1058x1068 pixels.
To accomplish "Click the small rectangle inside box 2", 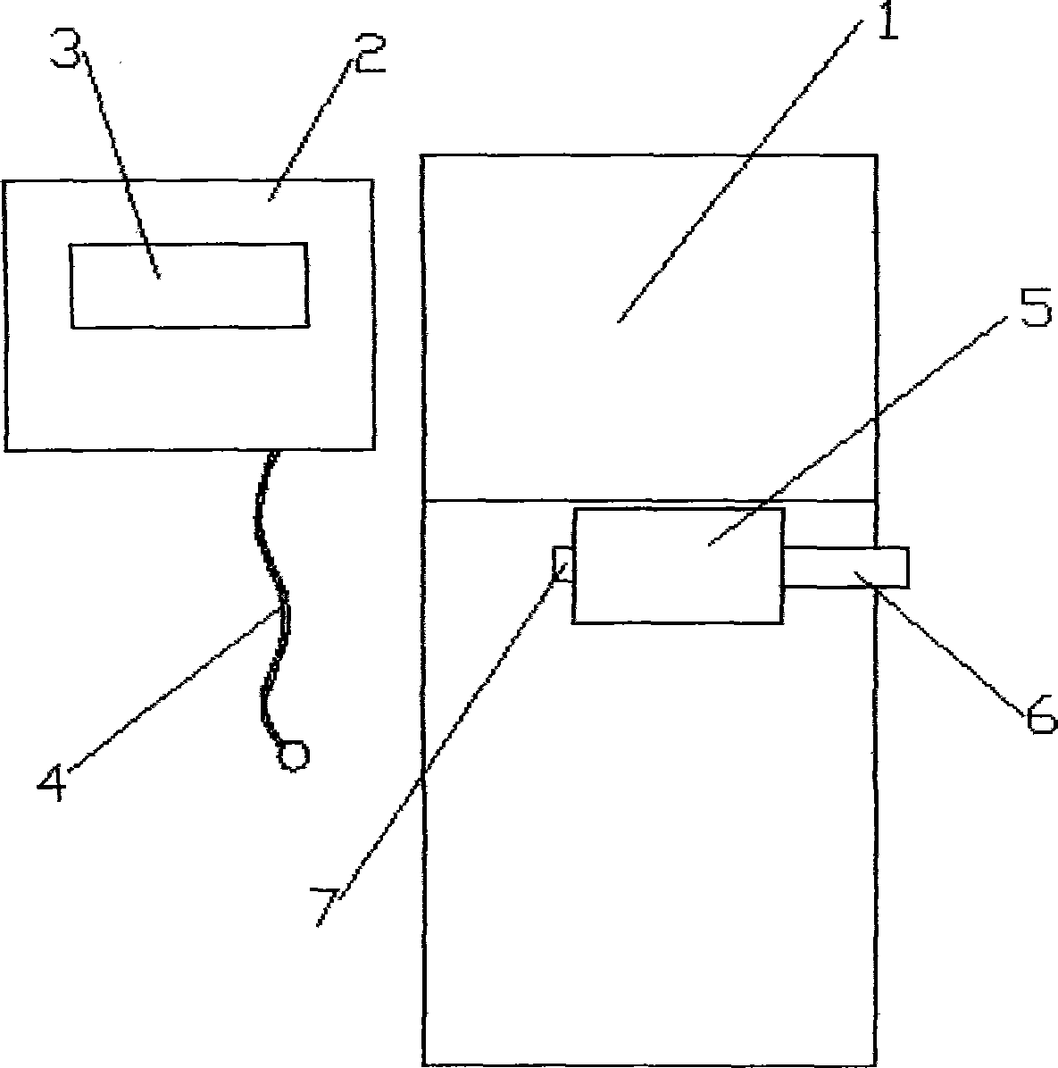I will click(x=189, y=285).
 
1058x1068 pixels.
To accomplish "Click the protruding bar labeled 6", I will click(x=846, y=568).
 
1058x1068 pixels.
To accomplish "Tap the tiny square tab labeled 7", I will click(x=562, y=564).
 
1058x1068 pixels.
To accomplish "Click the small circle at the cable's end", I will click(x=293, y=755).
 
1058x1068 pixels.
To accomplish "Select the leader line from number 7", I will click(x=446, y=732).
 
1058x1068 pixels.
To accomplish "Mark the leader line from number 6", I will click(x=946, y=643).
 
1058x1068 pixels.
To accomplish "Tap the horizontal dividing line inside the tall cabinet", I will click(x=500, y=501).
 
